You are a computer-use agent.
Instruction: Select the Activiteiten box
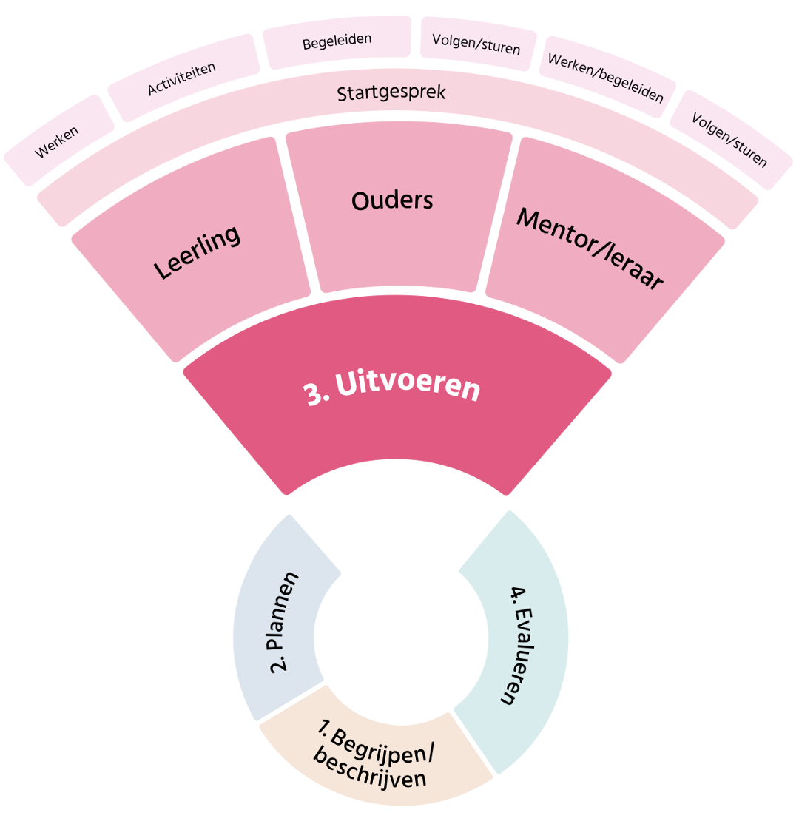[182, 78]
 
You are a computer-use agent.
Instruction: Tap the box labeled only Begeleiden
[337, 41]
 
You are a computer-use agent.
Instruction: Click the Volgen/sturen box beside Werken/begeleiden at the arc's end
[730, 140]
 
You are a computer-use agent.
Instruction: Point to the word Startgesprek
[391, 93]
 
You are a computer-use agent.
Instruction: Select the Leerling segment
[198, 252]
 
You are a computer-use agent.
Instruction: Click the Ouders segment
[392, 200]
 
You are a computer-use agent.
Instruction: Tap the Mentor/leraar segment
[589, 249]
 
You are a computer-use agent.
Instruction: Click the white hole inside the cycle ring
[400, 638]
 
